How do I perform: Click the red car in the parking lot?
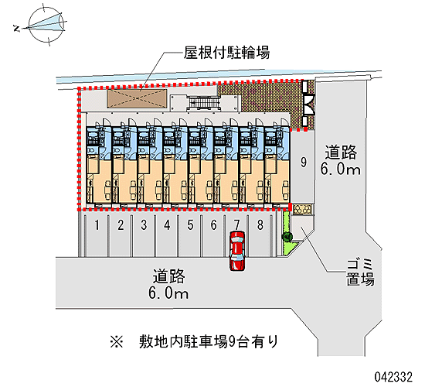coord(237,251)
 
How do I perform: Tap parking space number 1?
coord(97,236)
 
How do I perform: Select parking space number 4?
coord(167,236)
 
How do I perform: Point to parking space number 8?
coord(260,236)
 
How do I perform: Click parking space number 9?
coord(303,166)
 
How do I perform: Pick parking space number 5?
coord(190,236)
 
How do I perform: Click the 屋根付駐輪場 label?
coord(226,53)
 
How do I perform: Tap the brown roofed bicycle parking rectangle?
coord(136,98)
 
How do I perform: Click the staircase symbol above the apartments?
coord(203,103)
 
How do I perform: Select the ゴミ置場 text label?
coord(361,272)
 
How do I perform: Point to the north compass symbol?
coord(46,25)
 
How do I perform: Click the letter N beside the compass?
coord(17,28)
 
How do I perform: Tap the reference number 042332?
coord(393,377)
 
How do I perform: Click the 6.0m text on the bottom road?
coord(168,293)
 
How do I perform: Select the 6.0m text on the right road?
coord(341,169)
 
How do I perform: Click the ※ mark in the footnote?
coord(117,341)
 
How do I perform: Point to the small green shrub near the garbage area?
coord(287,237)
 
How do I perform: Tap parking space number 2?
coord(120,236)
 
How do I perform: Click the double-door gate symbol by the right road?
coord(309,104)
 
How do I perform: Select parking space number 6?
coord(213,236)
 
